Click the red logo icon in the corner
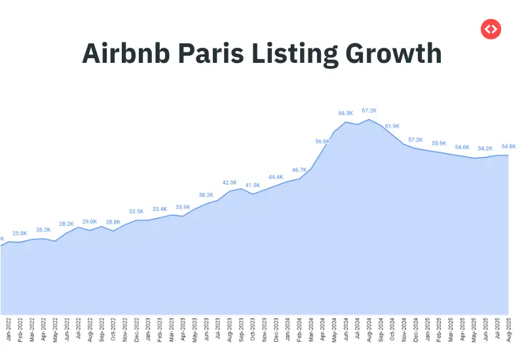click(491, 29)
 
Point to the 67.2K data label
click(369, 111)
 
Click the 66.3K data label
click(346, 113)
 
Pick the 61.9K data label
click(392, 126)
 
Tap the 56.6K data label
click(322, 141)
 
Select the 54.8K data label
click(508, 147)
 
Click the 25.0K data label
click(20, 234)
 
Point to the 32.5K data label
click(136, 211)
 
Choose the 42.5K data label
click(230, 183)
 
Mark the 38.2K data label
click(206, 195)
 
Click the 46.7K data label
click(299, 170)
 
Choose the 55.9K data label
click(439, 143)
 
